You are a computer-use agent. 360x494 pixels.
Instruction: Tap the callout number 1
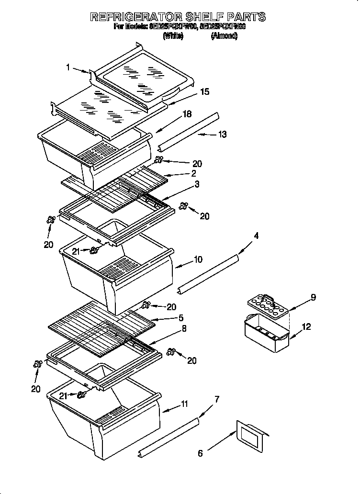[x=68, y=68]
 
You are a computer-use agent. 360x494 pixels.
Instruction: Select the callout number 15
[x=204, y=91]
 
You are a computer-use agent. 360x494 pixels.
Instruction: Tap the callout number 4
[x=256, y=236]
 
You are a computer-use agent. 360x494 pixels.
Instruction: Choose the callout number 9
[x=313, y=298]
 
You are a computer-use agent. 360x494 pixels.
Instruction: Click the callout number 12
[x=306, y=327]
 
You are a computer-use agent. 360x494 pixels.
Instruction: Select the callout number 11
[x=184, y=405]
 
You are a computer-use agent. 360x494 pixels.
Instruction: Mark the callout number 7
[x=216, y=399]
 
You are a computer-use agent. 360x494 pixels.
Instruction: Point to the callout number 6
[x=200, y=453]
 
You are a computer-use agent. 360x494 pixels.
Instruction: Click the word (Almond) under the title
[x=224, y=36]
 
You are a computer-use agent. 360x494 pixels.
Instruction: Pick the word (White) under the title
[x=173, y=36]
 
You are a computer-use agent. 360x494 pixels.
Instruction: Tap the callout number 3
[x=196, y=184]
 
